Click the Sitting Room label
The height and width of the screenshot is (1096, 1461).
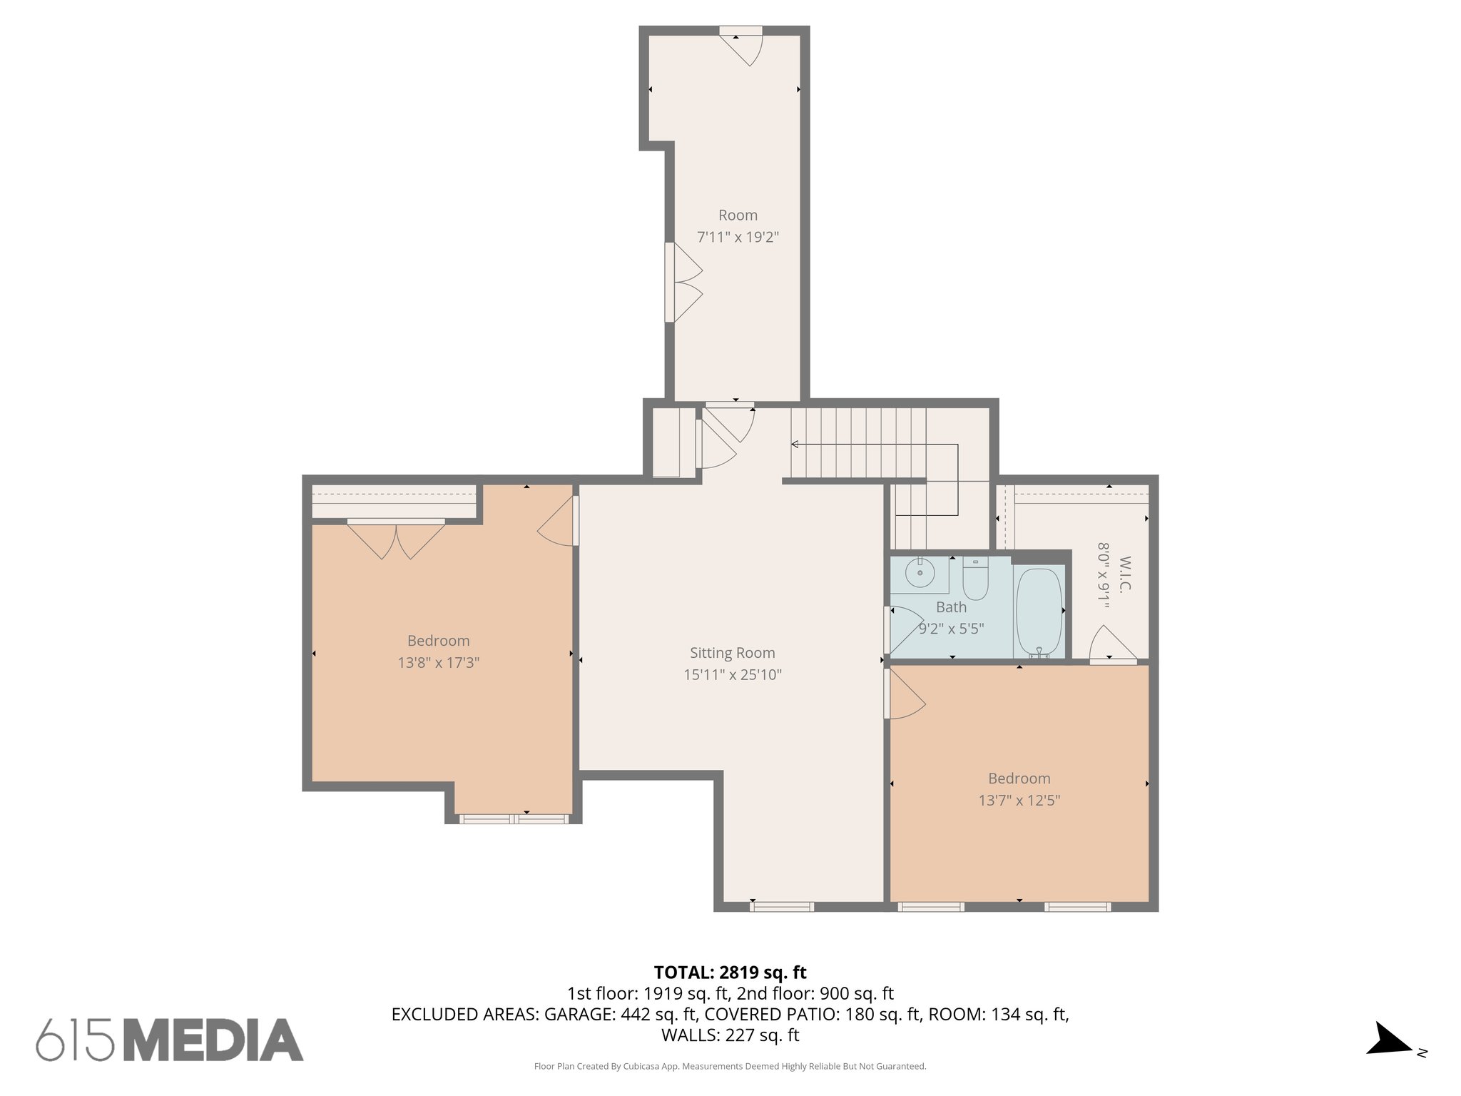pyautogui.click(x=732, y=652)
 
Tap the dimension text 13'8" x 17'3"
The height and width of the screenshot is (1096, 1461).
pyautogui.click(x=438, y=663)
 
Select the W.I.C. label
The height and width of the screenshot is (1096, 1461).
pyautogui.click(x=1126, y=574)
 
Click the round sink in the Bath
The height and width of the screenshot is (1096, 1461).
pyautogui.click(x=920, y=573)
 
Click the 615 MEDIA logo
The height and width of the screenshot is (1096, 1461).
pyautogui.click(x=170, y=1040)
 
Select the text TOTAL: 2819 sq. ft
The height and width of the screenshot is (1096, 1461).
pyautogui.click(x=730, y=972)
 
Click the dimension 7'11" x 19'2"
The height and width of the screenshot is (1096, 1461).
pyautogui.click(x=738, y=237)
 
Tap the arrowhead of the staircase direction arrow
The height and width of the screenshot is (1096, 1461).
pyautogui.click(x=795, y=445)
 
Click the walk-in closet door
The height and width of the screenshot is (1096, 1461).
pyautogui.click(x=1111, y=646)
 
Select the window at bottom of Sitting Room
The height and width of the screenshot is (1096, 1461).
pyautogui.click(x=781, y=907)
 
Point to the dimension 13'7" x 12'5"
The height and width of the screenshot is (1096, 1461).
pyautogui.click(x=1019, y=801)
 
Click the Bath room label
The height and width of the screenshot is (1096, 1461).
pyautogui.click(x=951, y=607)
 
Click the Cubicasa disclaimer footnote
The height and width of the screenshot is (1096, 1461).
pyautogui.click(x=730, y=1067)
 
